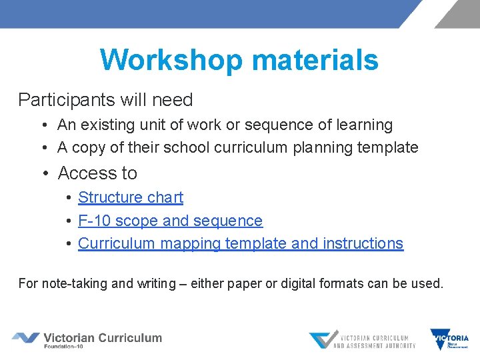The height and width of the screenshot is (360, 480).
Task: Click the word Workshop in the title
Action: (x=170, y=60)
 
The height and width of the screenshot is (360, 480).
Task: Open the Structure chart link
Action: (x=130, y=197)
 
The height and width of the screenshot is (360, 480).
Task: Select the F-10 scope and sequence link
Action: (x=170, y=221)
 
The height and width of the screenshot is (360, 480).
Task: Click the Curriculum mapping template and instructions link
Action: (x=240, y=243)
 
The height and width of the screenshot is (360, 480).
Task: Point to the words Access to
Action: (x=97, y=173)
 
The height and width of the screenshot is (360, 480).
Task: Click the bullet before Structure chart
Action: (x=69, y=198)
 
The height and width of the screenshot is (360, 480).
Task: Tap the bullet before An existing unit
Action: (x=42, y=125)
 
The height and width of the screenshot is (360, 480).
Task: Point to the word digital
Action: (x=303, y=283)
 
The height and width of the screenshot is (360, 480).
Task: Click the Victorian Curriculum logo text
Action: (x=102, y=339)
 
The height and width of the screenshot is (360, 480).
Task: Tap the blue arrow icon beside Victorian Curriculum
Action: (x=25, y=338)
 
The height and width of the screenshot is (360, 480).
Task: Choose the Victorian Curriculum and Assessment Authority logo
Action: (x=362, y=340)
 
